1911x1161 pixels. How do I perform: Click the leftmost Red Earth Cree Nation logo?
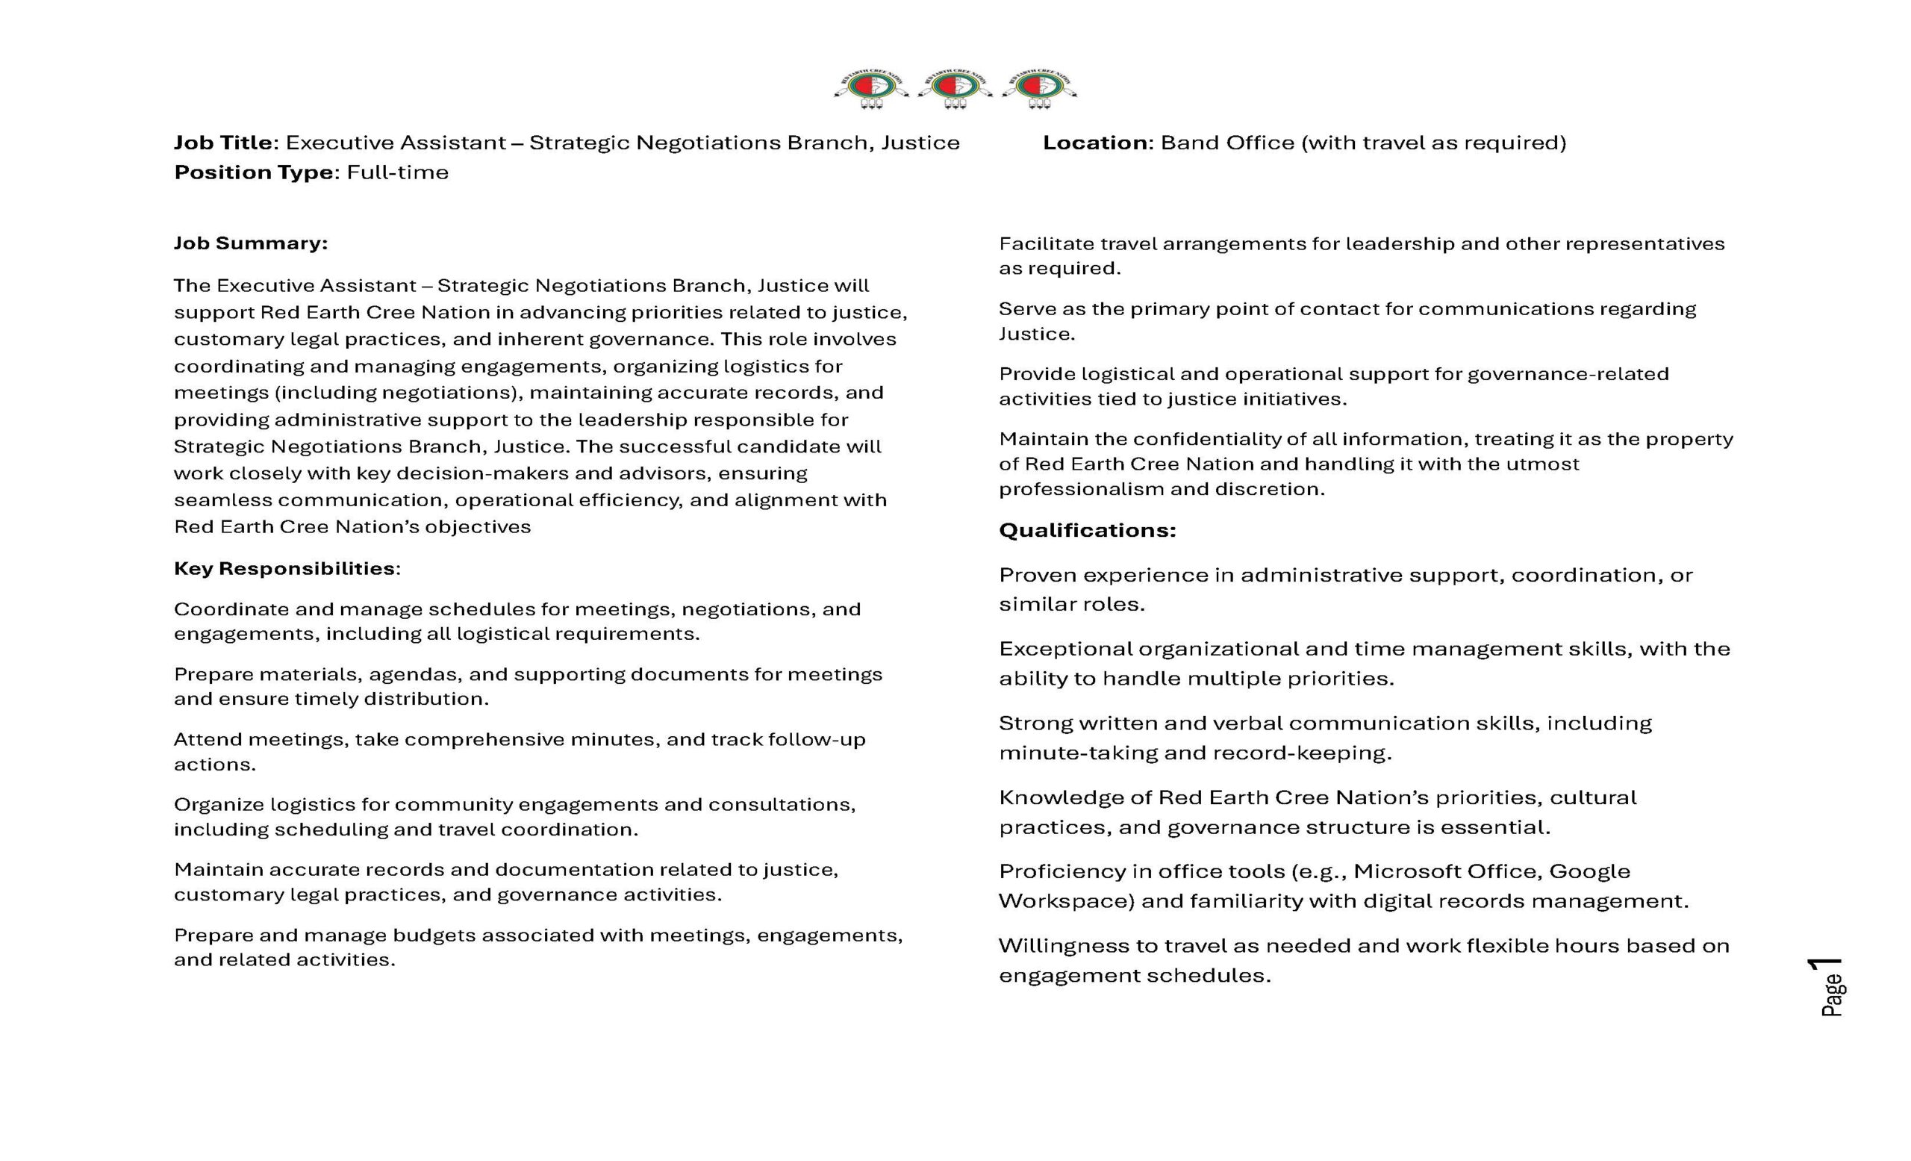point(871,89)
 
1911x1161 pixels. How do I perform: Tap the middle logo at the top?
point(955,89)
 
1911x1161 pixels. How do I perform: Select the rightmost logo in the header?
point(1039,89)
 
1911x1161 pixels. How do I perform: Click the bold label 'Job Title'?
point(222,143)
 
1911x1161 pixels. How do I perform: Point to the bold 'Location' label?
point(1094,143)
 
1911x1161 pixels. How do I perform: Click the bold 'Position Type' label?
point(254,172)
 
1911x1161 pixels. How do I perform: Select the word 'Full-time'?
point(397,172)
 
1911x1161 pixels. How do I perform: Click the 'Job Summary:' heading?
point(251,243)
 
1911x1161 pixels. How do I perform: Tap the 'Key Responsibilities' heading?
point(284,568)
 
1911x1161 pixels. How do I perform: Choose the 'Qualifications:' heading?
point(1087,531)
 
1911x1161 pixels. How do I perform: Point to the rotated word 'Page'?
point(1833,996)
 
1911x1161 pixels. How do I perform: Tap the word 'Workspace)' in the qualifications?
point(1067,900)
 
